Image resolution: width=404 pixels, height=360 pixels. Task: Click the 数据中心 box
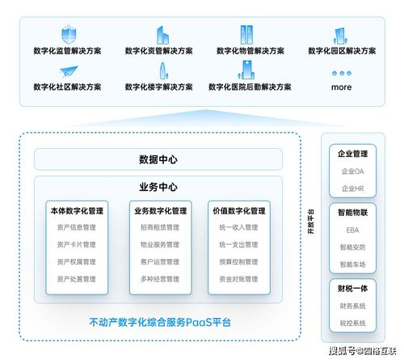pyautogui.click(x=158, y=159)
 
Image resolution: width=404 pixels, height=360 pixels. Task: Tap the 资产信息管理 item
pyautogui.click(x=76, y=227)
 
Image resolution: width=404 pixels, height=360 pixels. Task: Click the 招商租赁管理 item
pyautogui.click(x=159, y=227)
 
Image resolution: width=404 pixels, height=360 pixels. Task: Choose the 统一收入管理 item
pyautogui.click(x=238, y=227)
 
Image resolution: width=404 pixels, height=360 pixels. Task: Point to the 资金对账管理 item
pyautogui.click(x=238, y=279)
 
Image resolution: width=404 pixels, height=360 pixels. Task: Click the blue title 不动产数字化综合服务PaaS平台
pyautogui.click(x=159, y=322)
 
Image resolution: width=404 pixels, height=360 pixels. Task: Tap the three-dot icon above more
pyautogui.click(x=342, y=73)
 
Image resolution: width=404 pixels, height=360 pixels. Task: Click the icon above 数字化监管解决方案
pyautogui.click(x=68, y=35)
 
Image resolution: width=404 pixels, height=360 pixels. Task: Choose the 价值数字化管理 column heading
pyautogui.click(x=238, y=210)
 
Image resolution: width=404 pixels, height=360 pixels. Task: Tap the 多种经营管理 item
pyautogui.click(x=159, y=279)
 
